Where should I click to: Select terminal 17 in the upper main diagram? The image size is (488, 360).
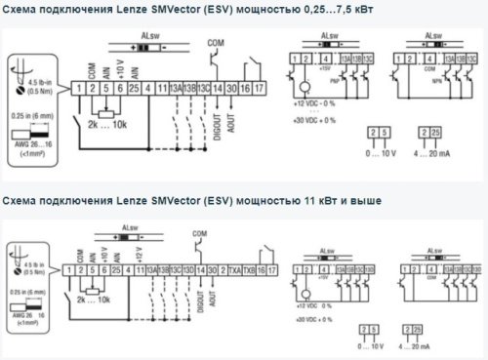coord(261,89)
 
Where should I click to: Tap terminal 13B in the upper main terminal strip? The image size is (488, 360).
coord(189,89)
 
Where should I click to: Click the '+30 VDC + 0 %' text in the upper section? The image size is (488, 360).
coord(313,117)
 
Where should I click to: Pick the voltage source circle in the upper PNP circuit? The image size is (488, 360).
coord(297,86)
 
